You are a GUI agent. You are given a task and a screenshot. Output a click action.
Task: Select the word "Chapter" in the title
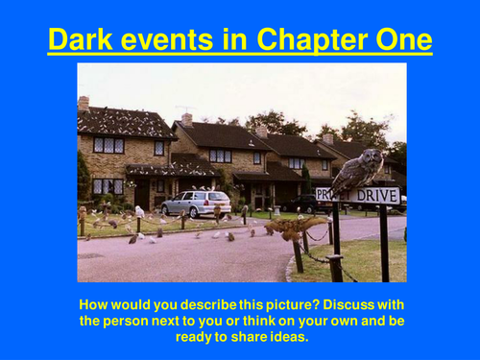point(325,41)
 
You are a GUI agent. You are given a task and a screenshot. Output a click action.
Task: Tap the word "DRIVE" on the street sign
point(377,196)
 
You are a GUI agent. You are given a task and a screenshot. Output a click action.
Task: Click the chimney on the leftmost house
point(84,103)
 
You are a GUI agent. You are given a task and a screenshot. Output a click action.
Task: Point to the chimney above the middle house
point(187,118)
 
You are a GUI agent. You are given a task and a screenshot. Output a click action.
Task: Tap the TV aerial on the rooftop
point(182,108)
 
